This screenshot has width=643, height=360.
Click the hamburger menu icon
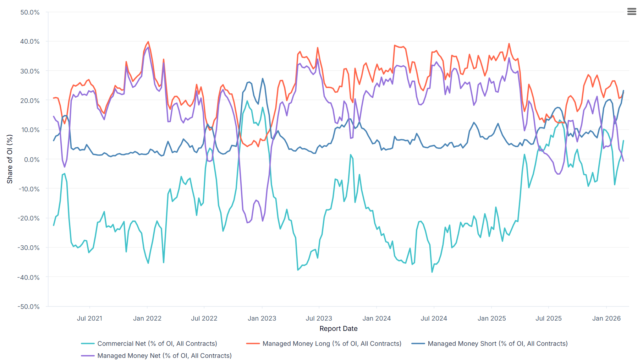tap(632, 12)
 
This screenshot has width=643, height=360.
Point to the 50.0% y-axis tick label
tap(30, 12)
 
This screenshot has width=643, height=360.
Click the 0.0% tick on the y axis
tap(32, 160)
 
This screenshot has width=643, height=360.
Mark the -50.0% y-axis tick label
tap(29, 307)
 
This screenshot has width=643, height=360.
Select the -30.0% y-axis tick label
tap(29, 248)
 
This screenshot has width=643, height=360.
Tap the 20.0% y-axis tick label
tap(30, 101)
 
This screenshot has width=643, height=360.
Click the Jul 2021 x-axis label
tap(89, 318)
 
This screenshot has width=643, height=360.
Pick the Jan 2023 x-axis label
tap(262, 318)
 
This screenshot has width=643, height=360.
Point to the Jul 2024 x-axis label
tap(434, 318)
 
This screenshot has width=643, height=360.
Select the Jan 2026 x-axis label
tap(606, 318)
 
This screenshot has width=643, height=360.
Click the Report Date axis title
tap(339, 329)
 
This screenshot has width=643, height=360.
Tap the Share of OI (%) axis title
tap(10, 159)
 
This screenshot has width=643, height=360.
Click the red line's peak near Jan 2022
tap(148, 42)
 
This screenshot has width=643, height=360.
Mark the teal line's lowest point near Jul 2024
tap(432, 272)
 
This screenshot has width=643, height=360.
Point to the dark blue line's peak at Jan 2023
tap(263, 78)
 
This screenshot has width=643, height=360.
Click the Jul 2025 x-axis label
tap(548, 318)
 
